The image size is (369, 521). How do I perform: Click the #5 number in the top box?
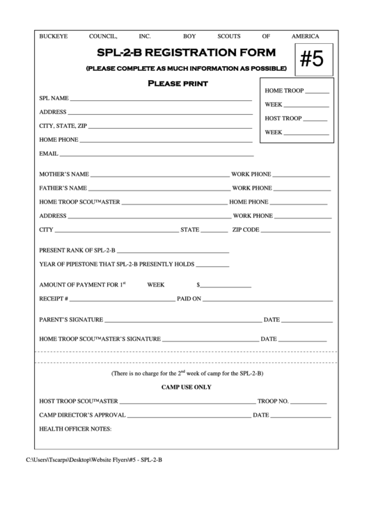coord(311,60)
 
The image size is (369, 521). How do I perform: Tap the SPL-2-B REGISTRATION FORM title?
coord(186,53)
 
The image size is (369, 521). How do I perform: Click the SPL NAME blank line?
coord(161,101)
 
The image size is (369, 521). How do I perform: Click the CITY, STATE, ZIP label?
coord(63,126)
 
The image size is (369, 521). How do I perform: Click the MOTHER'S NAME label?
coord(64,174)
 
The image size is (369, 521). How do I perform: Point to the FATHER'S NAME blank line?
coord(159,190)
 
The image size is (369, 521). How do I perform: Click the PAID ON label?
coord(189,298)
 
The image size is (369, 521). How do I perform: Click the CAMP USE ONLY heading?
coord(186,387)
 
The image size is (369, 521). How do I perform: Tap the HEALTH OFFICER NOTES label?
coord(75,429)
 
